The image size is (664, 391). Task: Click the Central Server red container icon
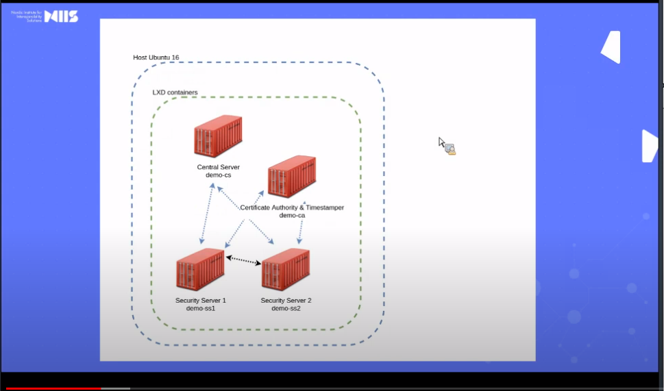pyautogui.click(x=217, y=137)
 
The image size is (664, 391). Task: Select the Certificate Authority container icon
pyautogui.click(x=291, y=177)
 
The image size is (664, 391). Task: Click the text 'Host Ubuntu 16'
pyautogui.click(x=156, y=58)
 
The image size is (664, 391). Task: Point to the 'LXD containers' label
pyautogui.click(x=175, y=92)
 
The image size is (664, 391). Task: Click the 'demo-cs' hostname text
pyautogui.click(x=218, y=175)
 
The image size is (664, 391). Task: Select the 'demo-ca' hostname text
pyautogui.click(x=292, y=215)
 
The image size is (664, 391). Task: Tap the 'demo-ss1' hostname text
pyautogui.click(x=201, y=308)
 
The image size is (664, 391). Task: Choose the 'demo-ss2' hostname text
pyautogui.click(x=286, y=308)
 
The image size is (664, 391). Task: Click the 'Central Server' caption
pyautogui.click(x=218, y=167)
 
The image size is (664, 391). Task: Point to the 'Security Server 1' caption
pyautogui.click(x=201, y=300)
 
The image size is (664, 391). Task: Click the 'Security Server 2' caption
pyautogui.click(x=286, y=300)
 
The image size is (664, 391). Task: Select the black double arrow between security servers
pyautogui.click(x=243, y=260)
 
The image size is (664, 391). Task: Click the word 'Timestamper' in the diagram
pyautogui.click(x=322, y=207)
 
